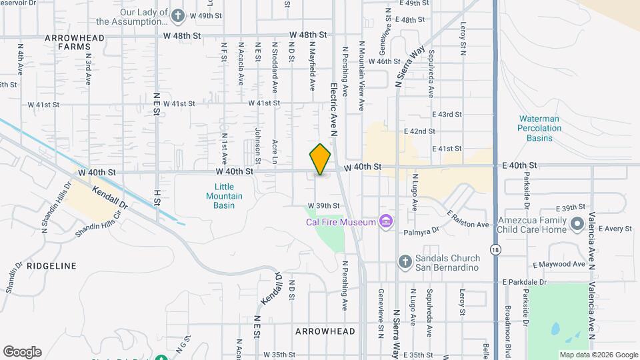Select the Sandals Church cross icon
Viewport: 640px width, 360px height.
405,262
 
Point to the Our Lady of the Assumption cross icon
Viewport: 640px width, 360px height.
178,15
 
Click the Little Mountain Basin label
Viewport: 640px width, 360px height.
224,196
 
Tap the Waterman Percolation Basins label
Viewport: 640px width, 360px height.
539,128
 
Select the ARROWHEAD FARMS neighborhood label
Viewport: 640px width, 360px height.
75,43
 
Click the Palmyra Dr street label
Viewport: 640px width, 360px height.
422,232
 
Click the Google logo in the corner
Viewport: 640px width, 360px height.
22,352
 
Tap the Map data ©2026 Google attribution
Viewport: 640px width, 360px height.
598,355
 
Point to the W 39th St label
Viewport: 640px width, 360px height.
323,206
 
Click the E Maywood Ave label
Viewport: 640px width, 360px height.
559,264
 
